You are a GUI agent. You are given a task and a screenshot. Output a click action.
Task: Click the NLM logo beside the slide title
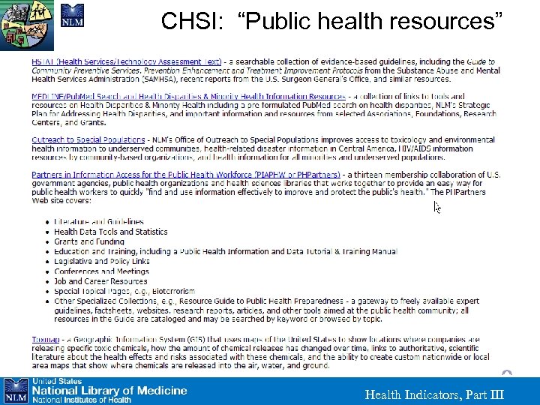pyautogui.click(x=72, y=16)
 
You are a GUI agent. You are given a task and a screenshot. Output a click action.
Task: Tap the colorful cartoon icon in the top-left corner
pyautogui.click(x=28, y=23)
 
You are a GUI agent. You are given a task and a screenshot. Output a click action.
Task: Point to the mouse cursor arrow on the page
pyautogui.click(x=438, y=206)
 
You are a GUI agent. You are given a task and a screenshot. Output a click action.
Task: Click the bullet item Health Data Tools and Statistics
pyautogui.click(x=110, y=232)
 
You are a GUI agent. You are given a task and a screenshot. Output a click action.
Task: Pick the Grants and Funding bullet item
pyautogui.click(x=88, y=241)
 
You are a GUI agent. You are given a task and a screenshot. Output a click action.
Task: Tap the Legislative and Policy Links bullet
pyautogui.click(x=101, y=262)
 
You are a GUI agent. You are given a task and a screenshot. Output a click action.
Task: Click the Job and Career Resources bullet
pyautogui.click(x=100, y=281)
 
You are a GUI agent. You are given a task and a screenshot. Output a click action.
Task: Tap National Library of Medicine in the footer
pyautogui.click(x=109, y=390)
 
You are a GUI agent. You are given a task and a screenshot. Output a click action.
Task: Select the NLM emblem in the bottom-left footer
pyautogui.click(x=15, y=390)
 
